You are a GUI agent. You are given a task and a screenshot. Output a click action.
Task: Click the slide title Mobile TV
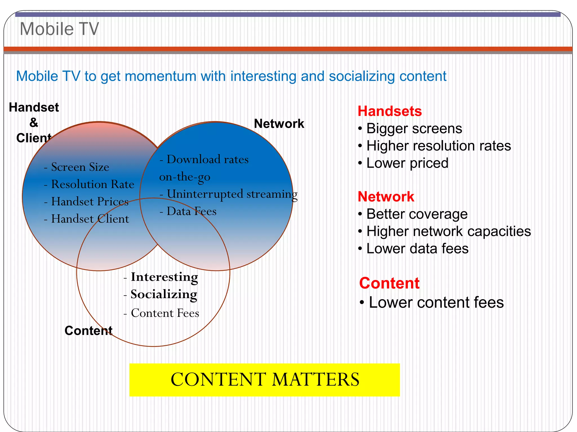click(x=59, y=29)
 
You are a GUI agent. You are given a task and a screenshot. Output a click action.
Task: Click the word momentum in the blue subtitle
click(x=160, y=76)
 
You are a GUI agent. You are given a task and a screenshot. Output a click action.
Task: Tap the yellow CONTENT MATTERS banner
click(x=265, y=380)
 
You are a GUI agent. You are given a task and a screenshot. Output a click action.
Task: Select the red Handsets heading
click(x=389, y=111)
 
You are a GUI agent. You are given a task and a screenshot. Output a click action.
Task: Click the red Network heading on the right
click(x=386, y=197)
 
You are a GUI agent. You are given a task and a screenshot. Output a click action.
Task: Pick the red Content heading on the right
click(x=389, y=283)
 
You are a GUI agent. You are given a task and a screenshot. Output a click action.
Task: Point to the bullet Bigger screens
click(x=414, y=129)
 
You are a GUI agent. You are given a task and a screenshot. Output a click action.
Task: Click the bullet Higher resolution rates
click(x=438, y=146)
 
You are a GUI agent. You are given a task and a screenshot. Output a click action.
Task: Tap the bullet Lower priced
click(x=407, y=163)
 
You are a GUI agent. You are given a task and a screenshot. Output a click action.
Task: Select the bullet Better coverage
click(x=417, y=214)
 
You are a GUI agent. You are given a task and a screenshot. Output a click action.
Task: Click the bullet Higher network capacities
click(x=448, y=231)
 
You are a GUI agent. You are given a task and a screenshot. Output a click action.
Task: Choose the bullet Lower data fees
click(x=417, y=249)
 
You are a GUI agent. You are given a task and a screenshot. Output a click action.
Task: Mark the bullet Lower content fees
click(x=436, y=303)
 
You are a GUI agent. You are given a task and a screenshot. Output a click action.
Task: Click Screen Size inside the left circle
click(x=80, y=167)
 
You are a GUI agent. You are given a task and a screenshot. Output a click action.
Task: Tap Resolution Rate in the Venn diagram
click(x=92, y=184)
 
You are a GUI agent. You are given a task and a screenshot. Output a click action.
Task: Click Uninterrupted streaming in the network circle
click(x=232, y=194)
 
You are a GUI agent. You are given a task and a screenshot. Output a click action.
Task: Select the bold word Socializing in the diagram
click(x=164, y=294)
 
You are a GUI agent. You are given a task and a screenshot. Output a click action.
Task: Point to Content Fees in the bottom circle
click(x=165, y=313)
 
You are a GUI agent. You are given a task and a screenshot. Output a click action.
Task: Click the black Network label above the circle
click(x=279, y=124)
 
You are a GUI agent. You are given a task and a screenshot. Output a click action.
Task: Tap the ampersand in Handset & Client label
click(x=34, y=123)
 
